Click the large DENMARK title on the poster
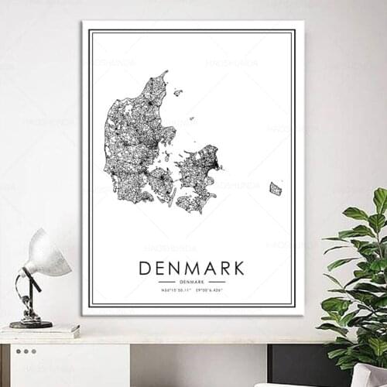[191, 269]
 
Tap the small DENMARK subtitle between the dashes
[191, 282]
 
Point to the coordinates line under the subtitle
[191, 290]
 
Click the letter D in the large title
[145, 269]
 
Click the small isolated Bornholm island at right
[276, 188]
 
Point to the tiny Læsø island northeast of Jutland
[178, 93]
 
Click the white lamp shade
[48, 255]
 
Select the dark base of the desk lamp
[31, 324]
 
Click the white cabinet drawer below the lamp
[70, 364]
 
